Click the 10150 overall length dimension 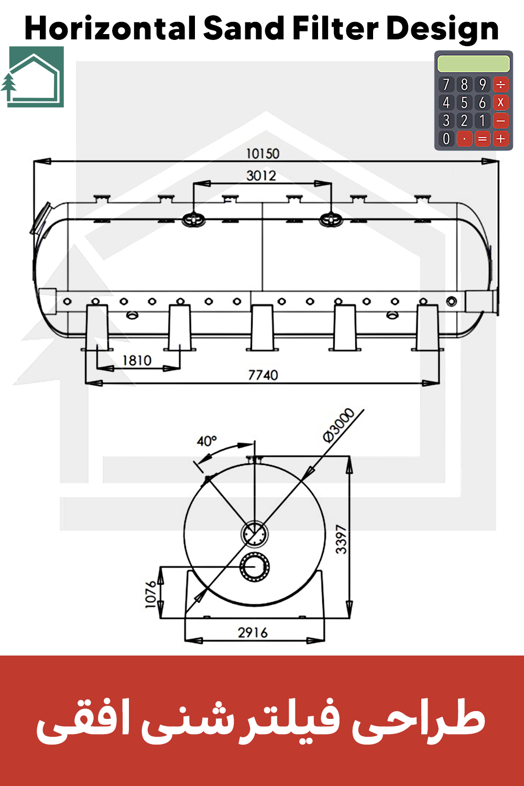[x=263, y=154]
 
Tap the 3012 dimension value [x=261, y=176]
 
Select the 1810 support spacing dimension [x=137, y=361]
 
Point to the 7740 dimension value [x=263, y=375]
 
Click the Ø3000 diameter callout [x=339, y=425]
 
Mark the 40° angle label [x=207, y=441]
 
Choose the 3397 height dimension [x=341, y=539]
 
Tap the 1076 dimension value [x=150, y=594]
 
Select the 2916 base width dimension [x=253, y=632]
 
